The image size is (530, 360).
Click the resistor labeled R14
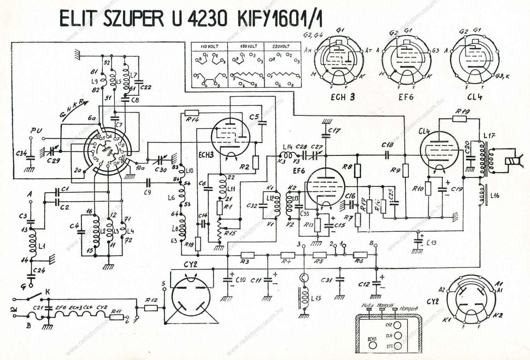[192, 113]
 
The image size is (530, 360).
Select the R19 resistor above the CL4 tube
[459, 118]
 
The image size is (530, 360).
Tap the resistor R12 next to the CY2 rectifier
[151, 308]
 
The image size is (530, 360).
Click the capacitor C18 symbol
[388, 154]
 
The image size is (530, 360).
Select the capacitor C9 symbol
[148, 183]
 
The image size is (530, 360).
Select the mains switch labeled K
[37, 295]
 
